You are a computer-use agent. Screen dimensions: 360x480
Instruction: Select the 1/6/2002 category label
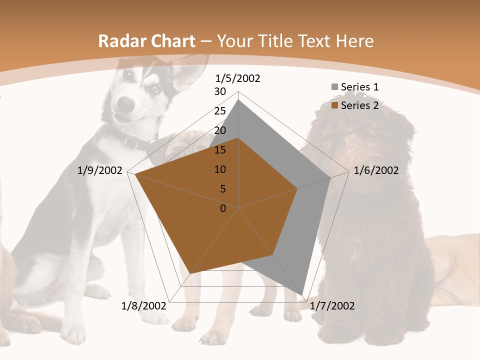click(376, 170)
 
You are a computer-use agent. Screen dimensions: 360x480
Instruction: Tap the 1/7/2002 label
click(332, 306)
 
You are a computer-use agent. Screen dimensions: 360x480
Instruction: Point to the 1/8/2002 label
click(143, 306)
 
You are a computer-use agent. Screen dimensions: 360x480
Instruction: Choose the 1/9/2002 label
click(100, 170)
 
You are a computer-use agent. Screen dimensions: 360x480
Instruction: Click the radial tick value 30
click(220, 91)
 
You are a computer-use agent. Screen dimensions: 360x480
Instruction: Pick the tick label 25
click(220, 111)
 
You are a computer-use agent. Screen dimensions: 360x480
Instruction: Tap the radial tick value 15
click(220, 150)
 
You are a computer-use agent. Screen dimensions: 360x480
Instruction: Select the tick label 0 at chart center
click(223, 208)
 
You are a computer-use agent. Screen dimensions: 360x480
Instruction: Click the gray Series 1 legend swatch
click(334, 87)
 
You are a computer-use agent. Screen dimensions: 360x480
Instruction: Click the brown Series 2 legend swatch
click(334, 105)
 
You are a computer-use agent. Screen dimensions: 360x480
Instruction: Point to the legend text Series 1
click(359, 87)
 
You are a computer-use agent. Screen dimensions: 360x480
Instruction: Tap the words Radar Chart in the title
click(146, 41)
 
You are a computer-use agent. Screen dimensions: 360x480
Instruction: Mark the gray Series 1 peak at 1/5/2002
click(238, 100)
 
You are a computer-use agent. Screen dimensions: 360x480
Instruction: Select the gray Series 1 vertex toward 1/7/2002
click(302, 294)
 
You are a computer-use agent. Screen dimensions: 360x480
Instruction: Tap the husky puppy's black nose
click(126, 103)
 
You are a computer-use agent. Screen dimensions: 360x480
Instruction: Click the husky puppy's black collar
click(132, 142)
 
